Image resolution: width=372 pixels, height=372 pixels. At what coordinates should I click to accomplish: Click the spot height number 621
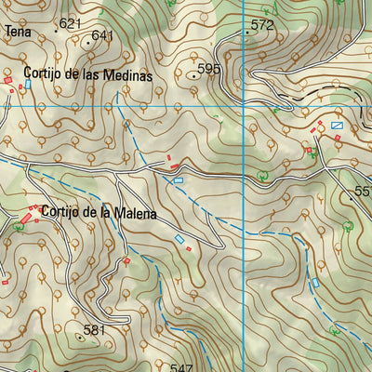70,22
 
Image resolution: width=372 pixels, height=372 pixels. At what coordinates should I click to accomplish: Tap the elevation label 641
102,35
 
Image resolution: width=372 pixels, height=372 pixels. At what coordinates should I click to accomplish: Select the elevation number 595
209,69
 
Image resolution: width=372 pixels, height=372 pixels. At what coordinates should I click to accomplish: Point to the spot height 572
262,25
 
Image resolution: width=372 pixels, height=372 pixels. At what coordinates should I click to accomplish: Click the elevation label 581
95,329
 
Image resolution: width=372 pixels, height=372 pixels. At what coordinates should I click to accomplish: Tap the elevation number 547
180,366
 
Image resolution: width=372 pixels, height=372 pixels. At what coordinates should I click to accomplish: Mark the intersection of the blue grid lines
244,106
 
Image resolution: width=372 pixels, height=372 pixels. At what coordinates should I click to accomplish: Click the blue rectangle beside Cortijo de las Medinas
28,84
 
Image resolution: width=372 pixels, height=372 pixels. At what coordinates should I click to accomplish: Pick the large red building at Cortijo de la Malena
26,217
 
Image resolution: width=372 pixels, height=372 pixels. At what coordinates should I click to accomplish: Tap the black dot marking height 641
87,42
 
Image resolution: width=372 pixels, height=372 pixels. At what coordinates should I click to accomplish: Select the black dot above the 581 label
80,339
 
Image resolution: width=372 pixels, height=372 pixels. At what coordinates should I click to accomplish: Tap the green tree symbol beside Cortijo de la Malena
18,226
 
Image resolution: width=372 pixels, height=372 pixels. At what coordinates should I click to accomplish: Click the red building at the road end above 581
126,261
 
